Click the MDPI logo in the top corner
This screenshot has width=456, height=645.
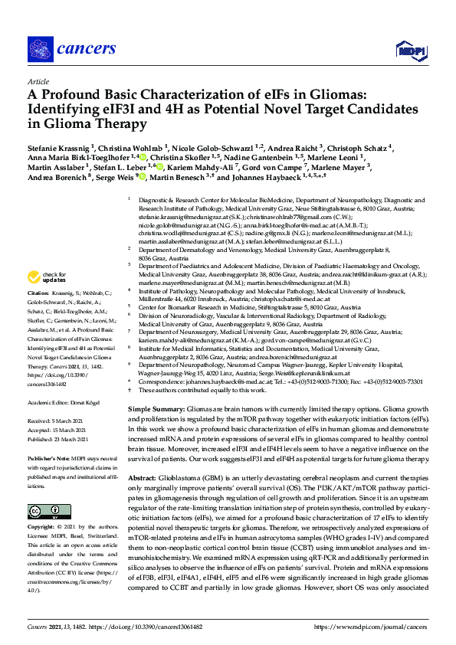408,51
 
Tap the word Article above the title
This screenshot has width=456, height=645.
38,81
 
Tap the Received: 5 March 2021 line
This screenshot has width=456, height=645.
57,421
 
